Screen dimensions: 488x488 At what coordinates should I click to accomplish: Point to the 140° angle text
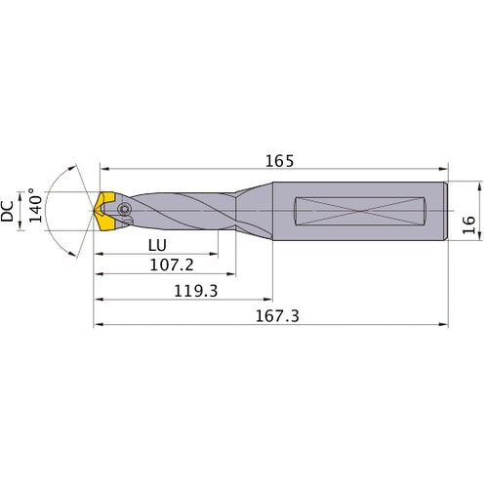click(36, 207)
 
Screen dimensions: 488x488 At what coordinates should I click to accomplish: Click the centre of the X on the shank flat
click(362, 210)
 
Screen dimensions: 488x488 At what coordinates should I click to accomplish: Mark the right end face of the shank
click(446, 210)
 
